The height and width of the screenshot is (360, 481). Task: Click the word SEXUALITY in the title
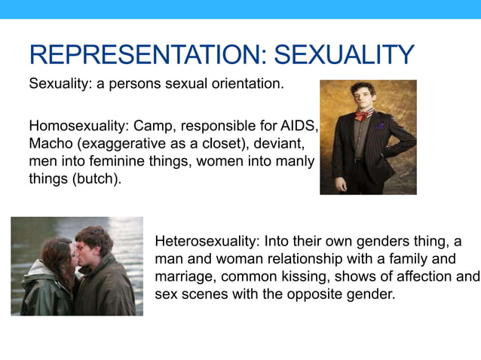(344, 55)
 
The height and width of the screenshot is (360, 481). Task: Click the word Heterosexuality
(207, 241)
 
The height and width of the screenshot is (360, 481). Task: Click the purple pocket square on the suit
(381, 126)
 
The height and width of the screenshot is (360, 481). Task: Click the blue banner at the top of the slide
(240, 9)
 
